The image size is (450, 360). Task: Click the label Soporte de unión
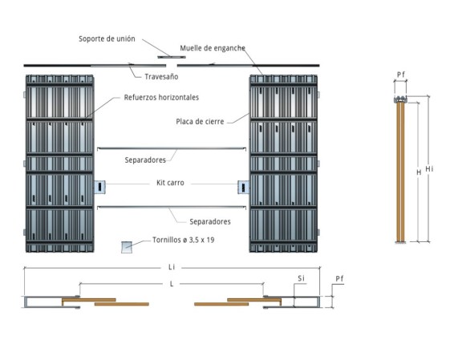pos(107,39)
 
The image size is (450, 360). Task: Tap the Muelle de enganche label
pos(213,48)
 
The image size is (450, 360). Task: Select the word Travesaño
pos(161,77)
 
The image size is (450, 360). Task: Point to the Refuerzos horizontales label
pos(161,98)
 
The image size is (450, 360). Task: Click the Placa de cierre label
pos(200,122)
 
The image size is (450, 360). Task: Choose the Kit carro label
pos(170,183)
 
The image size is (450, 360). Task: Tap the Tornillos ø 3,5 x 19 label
pos(184,240)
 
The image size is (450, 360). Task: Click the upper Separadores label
pos(145,160)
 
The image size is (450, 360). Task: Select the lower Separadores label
pos(210,221)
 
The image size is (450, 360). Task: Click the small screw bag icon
pos(127,247)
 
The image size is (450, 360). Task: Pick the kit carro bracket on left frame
pos(99,187)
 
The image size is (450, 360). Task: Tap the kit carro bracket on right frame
pos(243,187)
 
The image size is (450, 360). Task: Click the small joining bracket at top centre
pos(172,57)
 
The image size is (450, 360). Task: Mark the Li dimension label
pos(172,267)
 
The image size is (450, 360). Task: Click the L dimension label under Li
pos(172,284)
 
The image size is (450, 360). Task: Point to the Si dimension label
pos(301,278)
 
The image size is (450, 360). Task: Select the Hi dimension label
pos(429,169)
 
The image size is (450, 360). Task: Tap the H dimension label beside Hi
pos(419,172)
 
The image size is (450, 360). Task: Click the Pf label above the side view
pos(401,75)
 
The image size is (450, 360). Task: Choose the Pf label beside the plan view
pos(339,278)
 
